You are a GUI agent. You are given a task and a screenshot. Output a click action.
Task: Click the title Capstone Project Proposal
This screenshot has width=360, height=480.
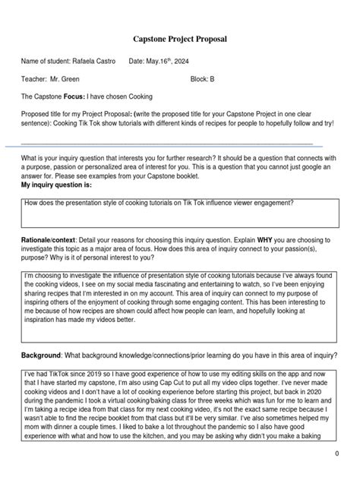coord(180,38)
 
